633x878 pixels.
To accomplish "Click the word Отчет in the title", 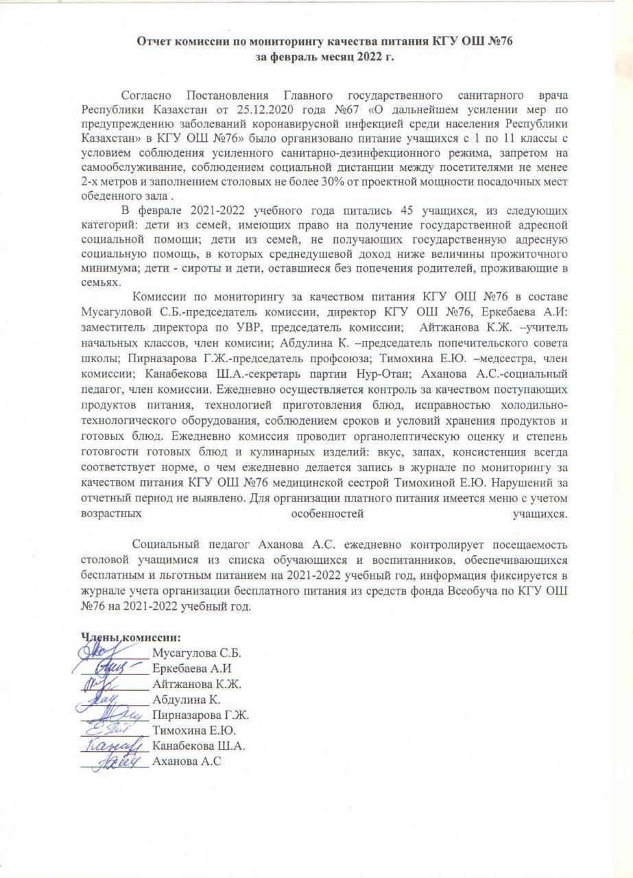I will tap(155, 42).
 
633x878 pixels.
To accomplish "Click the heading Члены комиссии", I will tap(132, 637).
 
